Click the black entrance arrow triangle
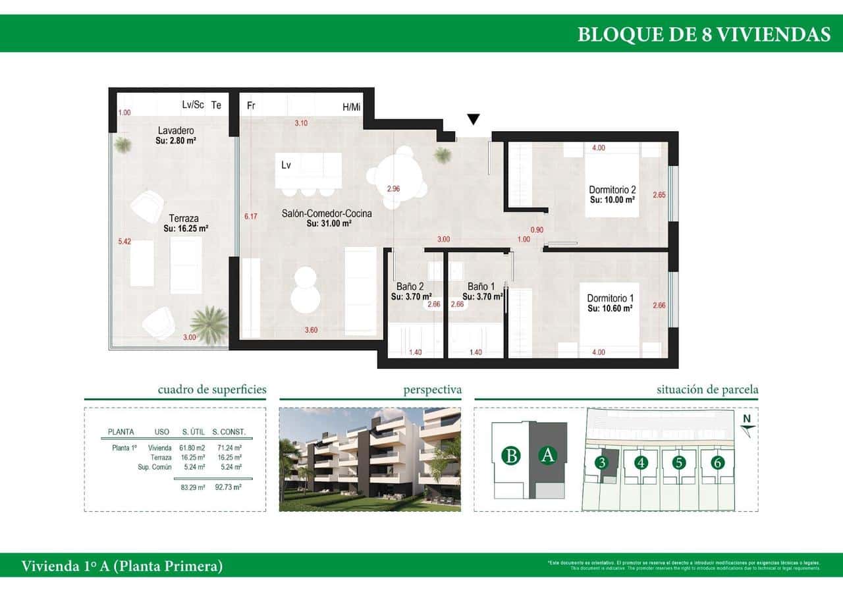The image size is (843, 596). (473, 119)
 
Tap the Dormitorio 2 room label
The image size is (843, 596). (612, 190)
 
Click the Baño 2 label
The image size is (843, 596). (410, 286)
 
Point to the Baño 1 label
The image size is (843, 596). (481, 286)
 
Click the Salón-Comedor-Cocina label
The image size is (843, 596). (327, 213)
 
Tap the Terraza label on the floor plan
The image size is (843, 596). (184, 219)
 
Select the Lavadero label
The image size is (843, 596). (176, 130)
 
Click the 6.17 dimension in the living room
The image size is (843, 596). (250, 216)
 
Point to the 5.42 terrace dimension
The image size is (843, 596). (124, 242)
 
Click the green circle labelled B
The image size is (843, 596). (510, 455)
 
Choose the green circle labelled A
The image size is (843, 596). (547, 455)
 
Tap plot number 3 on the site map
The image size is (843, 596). (601, 462)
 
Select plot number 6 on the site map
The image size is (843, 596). (718, 462)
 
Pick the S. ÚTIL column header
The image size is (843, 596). (193, 433)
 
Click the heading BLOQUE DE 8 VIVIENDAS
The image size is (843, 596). (703, 34)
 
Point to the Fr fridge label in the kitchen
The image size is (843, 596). (251, 105)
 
